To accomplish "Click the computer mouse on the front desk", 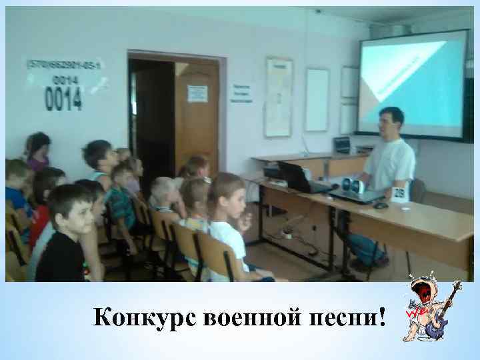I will click(x=381, y=205).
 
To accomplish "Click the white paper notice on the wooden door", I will click(x=197, y=93).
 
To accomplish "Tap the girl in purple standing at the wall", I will click(x=38, y=152).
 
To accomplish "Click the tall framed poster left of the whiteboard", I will click(x=278, y=97).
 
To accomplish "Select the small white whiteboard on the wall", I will click(x=317, y=99).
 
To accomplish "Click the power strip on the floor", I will click(x=288, y=233).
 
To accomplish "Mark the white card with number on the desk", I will click(x=399, y=194).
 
